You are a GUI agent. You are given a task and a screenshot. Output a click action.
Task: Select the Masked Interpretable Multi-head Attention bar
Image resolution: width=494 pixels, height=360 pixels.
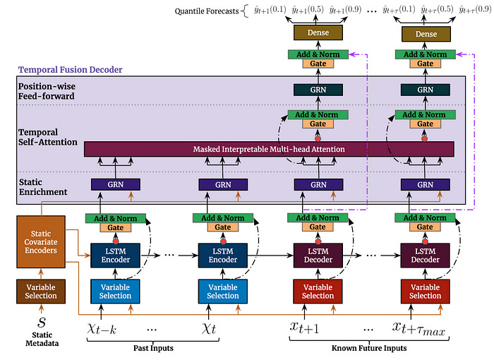[x=269, y=149]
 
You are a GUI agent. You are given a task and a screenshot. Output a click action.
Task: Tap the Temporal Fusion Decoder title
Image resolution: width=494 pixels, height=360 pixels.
[x=70, y=69]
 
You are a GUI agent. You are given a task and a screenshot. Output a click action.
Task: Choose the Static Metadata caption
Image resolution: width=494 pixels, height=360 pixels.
[x=40, y=342]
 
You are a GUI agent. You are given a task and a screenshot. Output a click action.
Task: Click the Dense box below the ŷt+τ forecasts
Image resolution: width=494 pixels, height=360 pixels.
[x=425, y=33]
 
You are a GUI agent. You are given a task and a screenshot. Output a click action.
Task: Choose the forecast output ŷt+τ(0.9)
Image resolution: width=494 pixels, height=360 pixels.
[x=472, y=11]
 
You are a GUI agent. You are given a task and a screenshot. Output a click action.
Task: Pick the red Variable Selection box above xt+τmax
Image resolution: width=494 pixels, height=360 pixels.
[x=425, y=291]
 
